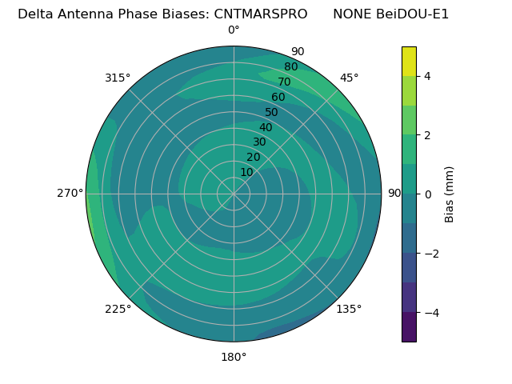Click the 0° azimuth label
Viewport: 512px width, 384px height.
234,30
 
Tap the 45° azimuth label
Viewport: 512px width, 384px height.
349,78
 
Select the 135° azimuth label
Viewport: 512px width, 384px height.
349,309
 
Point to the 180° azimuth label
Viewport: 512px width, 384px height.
234,357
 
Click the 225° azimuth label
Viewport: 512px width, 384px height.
118,309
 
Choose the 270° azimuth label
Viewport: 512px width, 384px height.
70,193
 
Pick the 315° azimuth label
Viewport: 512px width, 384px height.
118,78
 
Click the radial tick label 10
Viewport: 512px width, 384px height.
247,172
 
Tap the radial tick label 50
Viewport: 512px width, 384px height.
272,112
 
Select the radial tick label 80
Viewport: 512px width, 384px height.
290,67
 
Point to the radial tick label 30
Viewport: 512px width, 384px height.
259,142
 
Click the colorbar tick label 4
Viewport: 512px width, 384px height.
428,76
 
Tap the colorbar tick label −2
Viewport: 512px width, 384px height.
431,254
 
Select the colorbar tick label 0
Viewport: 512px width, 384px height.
428,194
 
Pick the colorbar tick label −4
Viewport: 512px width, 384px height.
431,313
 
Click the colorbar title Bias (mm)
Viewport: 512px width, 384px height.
450,194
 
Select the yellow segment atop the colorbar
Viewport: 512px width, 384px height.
409,61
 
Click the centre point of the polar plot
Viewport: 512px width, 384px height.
234,194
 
